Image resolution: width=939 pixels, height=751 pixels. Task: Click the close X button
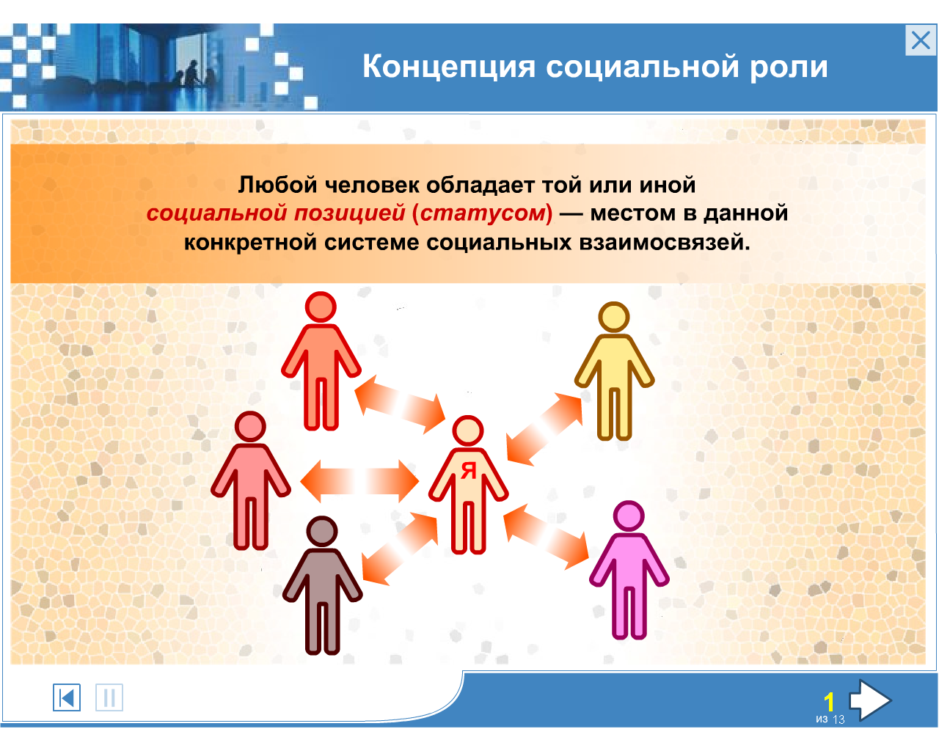(920, 40)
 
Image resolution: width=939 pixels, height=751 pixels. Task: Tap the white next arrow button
(870, 700)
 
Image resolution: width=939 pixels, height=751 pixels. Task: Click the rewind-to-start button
(67, 697)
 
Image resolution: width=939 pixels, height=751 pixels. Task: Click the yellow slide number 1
(829, 703)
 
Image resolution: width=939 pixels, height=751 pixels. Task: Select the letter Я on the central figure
(468, 471)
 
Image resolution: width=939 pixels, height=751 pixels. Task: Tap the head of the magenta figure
(629, 516)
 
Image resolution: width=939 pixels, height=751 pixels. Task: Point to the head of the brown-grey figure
(322, 532)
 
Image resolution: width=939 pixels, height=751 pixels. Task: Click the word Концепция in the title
(449, 67)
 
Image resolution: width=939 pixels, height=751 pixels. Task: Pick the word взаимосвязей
(664, 243)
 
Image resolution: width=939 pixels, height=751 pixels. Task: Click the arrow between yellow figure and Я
(544, 429)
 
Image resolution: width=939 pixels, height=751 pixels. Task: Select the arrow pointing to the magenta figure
(547, 537)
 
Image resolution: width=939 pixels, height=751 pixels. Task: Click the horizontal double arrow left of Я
(359, 481)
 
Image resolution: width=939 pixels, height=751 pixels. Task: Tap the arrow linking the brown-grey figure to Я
(400, 549)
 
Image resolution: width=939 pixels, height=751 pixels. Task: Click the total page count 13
(838, 719)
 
